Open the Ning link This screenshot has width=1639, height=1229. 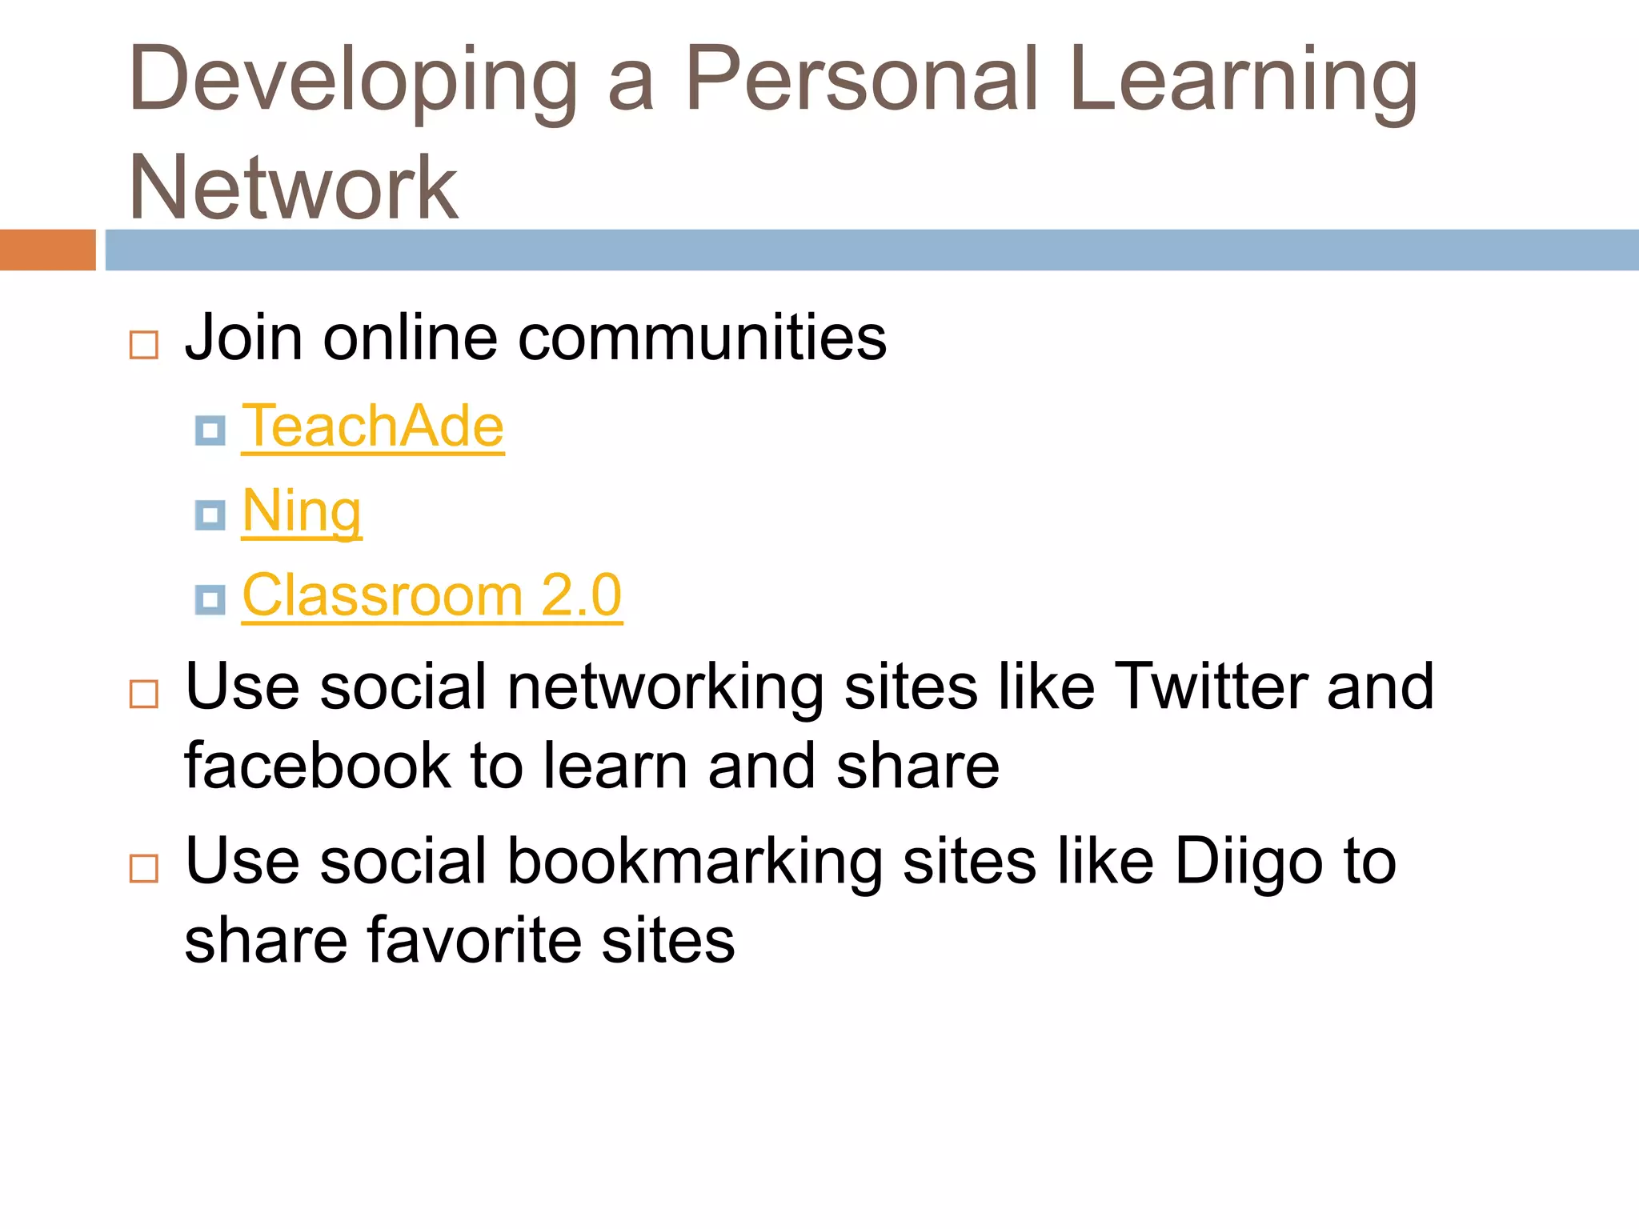[x=302, y=512]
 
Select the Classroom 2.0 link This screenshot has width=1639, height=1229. [x=432, y=595]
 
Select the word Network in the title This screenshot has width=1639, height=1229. [x=294, y=188]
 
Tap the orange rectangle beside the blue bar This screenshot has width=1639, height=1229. [x=47, y=250]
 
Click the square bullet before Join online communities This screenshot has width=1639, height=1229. [x=144, y=346]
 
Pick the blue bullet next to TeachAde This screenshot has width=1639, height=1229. [x=210, y=430]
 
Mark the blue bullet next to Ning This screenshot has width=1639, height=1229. [x=210, y=515]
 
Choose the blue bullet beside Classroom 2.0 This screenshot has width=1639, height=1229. [x=210, y=599]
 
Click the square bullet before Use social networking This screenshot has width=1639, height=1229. [x=144, y=694]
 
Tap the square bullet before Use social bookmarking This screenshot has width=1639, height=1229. [x=144, y=868]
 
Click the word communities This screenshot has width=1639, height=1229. [x=702, y=338]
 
